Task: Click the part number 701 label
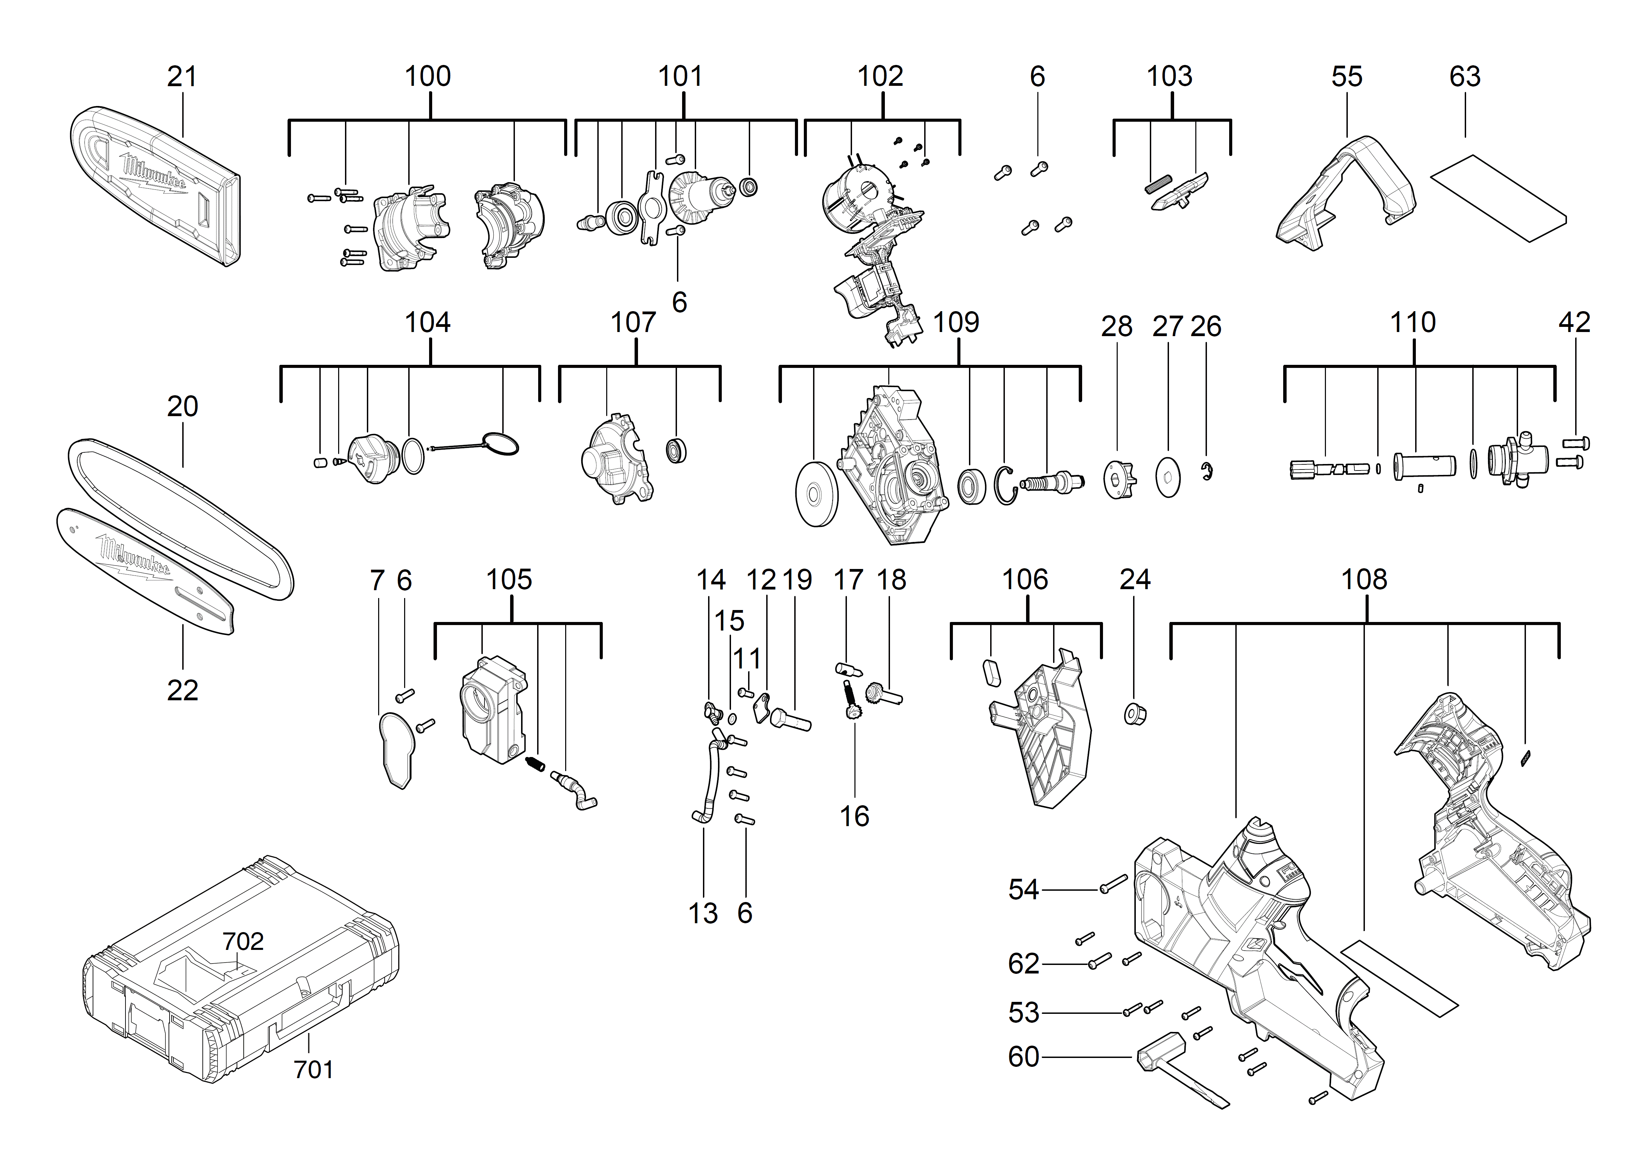(x=314, y=1070)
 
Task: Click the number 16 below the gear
(x=854, y=816)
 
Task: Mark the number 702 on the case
(x=243, y=941)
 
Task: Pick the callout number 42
(x=1574, y=322)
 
